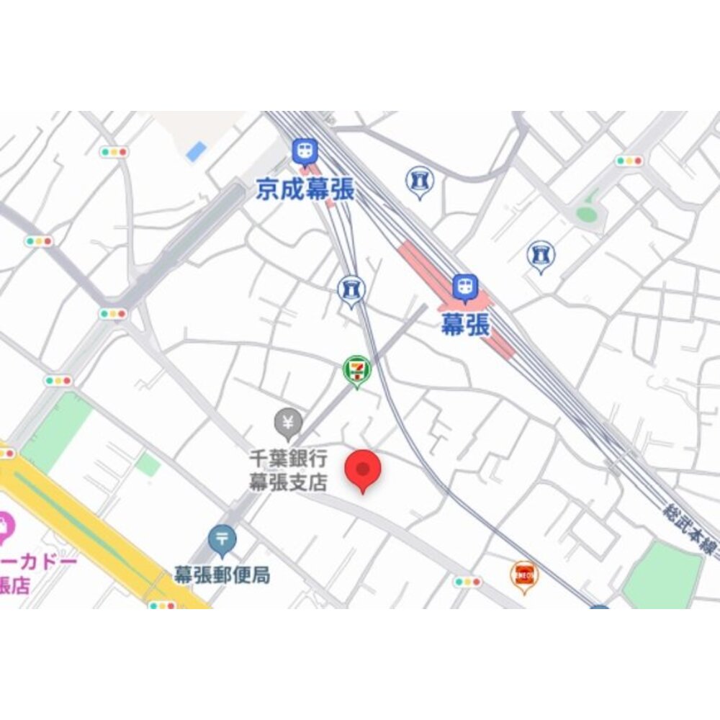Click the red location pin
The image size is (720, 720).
(x=364, y=470)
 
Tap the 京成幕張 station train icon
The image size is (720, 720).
(x=303, y=151)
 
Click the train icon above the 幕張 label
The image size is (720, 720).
(x=465, y=287)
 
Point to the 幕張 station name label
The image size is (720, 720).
(x=465, y=325)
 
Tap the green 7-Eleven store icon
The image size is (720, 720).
(x=356, y=369)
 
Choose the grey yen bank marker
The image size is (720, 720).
(x=289, y=422)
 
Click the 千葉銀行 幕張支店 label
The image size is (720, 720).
(x=288, y=469)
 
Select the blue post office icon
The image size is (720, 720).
(x=222, y=539)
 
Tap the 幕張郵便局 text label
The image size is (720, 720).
(x=222, y=575)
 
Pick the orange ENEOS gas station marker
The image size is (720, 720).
(x=524, y=575)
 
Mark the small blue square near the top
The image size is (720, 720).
(x=196, y=151)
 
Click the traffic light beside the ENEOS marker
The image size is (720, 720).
(x=467, y=581)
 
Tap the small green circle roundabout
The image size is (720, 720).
(x=587, y=214)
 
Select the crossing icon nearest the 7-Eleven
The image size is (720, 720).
(x=351, y=289)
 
